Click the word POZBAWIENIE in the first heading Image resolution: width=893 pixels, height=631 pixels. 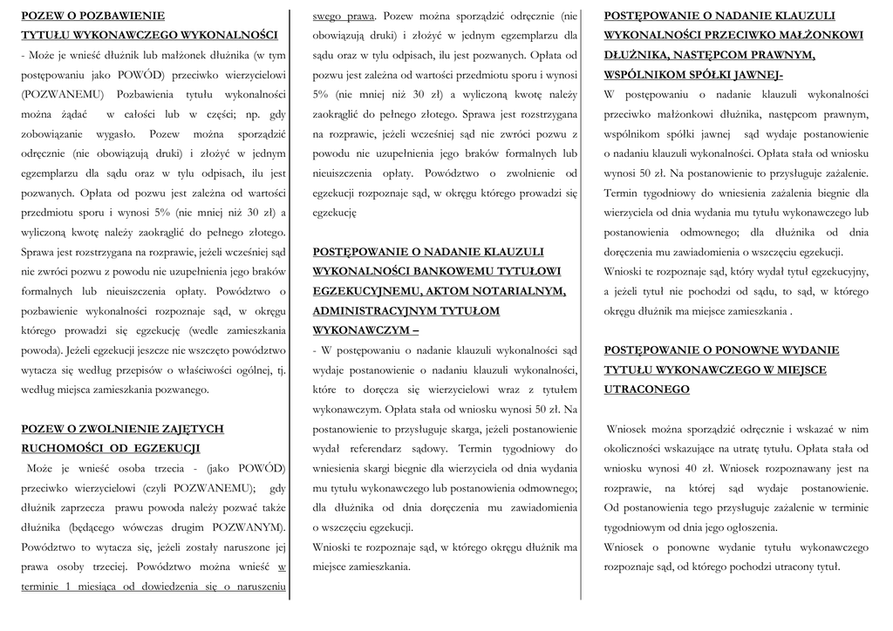[x=126, y=16]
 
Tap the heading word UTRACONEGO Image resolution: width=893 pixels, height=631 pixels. [x=646, y=390]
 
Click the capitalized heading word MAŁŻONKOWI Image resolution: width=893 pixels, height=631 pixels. [x=811, y=35]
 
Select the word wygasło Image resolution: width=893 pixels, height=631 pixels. [x=117, y=134]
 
